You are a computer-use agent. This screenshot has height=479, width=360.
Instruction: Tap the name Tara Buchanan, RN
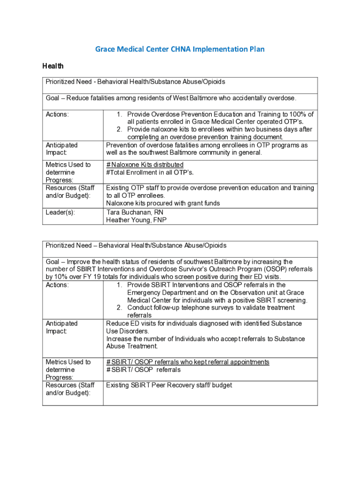(135, 212)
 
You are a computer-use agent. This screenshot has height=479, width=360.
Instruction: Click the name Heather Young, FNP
(136, 220)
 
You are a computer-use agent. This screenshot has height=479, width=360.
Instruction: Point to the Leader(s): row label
(60, 212)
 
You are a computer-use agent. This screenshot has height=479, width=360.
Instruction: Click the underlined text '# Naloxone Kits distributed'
(144, 165)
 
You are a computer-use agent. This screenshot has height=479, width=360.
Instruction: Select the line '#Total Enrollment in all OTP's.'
(150, 172)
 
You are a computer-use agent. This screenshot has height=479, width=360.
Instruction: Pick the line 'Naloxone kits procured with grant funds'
(163, 203)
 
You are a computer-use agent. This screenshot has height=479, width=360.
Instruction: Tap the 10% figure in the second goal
(64, 277)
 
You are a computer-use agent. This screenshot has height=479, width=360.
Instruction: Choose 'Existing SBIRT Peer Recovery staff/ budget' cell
(169, 385)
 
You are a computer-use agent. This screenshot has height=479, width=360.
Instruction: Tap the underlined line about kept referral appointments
(187, 362)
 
